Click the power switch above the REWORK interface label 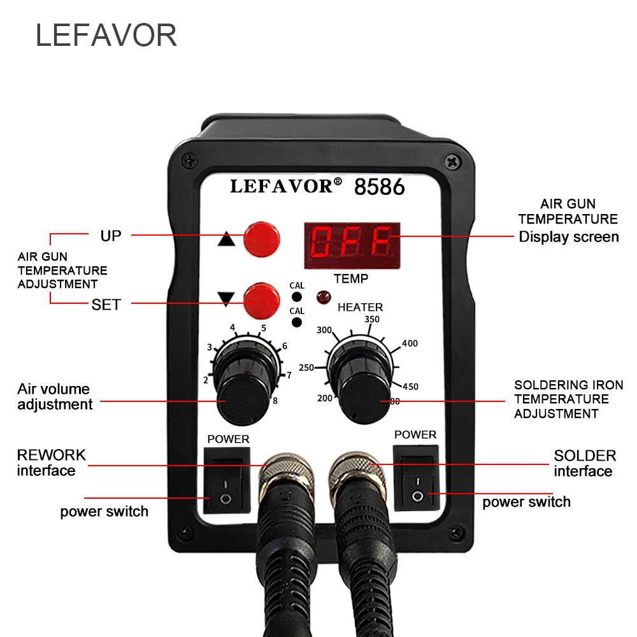coord(224,481)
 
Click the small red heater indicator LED coord(321,296)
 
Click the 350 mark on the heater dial coord(371,319)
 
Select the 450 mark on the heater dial coord(410,386)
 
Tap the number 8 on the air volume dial coord(275,401)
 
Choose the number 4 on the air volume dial coord(233,328)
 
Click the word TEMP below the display coord(351,278)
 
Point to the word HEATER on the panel coord(361,307)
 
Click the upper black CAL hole coord(297,297)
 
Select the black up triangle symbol coord(226,241)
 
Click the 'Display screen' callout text coord(569,237)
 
